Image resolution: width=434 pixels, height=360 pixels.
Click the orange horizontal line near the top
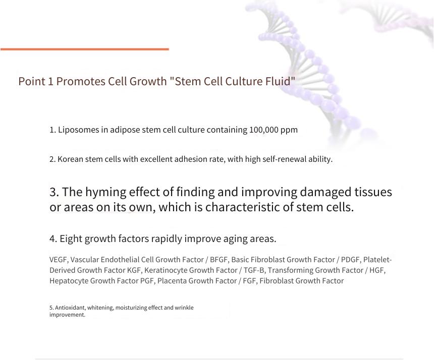click(x=85, y=49)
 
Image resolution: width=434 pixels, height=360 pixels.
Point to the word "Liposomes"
click(x=78, y=130)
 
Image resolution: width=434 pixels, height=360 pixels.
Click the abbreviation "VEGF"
click(x=59, y=260)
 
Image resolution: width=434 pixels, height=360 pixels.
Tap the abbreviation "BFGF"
click(x=219, y=260)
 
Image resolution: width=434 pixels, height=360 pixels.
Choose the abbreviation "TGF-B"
click(x=254, y=270)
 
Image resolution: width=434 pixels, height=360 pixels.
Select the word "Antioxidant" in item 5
click(x=70, y=308)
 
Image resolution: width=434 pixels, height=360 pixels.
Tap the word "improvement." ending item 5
click(x=67, y=315)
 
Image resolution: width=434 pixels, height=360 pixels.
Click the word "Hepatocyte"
click(x=69, y=281)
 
